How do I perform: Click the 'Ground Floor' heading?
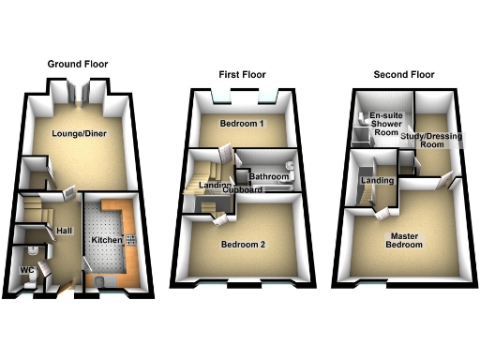[x=79, y=65]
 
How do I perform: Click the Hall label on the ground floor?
[x=63, y=231]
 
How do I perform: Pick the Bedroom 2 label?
[x=243, y=246]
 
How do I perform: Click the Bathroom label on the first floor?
[x=269, y=175]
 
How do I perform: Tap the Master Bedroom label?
[x=404, y=239]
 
